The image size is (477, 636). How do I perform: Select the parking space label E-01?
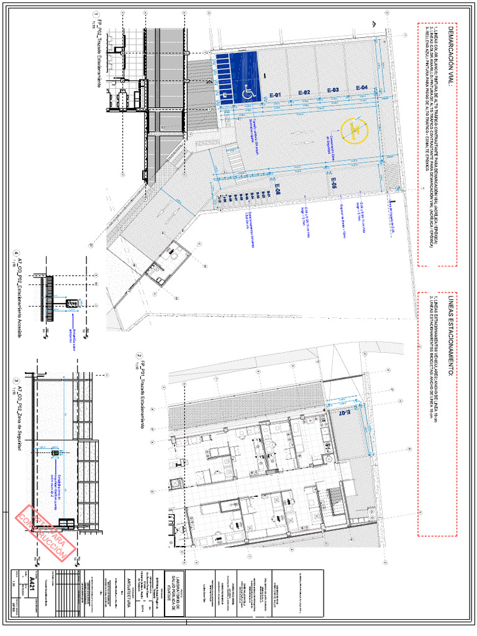[x=275, y=94]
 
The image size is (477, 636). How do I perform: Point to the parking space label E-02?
[x=304, y=93]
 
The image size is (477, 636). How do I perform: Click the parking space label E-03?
[x=333, y=91]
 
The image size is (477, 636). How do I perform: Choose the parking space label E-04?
[x=361, y=88]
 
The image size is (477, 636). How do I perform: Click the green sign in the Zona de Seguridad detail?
[x=55, y=453]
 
